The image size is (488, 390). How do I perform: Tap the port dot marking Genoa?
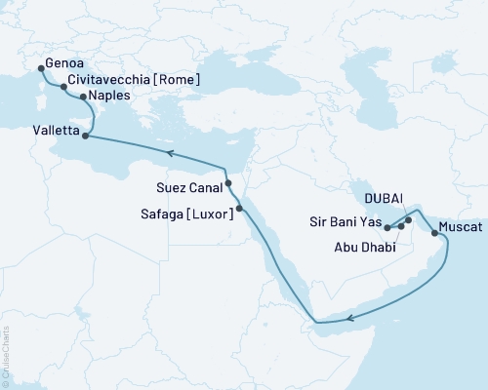pyautogui.click(x=40, y=68)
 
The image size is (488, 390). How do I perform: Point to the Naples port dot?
pyautogui.click(x=83, y=97)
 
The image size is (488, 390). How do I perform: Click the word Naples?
pyautogui.click(x=109, y=97)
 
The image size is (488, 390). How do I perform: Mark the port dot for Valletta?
pyautogui.click(x=87, y=136)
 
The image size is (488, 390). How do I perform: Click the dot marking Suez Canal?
pyautogui.click(x=227, y=183)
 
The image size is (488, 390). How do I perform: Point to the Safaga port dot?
pyautogui.click(x=239, y=208)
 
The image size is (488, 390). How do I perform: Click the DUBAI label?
pyautogui.click(x=385, y=197)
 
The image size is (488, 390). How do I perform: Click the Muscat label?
pyautogui.click(x=460, y=226)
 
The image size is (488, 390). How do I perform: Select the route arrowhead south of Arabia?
pyautogui.click(x=350, y=316)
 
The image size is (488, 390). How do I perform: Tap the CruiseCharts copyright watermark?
pyautogui.click(x=6, y=357)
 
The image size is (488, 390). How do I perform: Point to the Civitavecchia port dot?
pyautogui.click(x=64, y=87)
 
